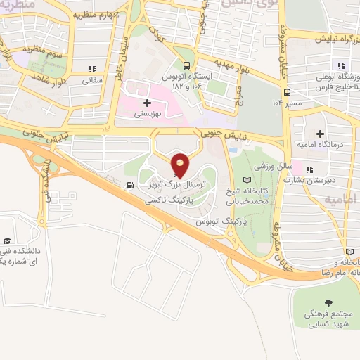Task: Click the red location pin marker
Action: point(181,164)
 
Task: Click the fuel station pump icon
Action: point(129,186)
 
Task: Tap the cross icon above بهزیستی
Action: point(147,103)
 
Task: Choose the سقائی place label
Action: point(92,80)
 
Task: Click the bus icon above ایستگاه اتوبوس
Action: point(186,63)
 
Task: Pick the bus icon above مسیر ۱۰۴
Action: point(286,91)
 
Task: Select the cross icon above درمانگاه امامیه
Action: point(321,134)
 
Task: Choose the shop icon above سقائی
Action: point(92,69)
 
